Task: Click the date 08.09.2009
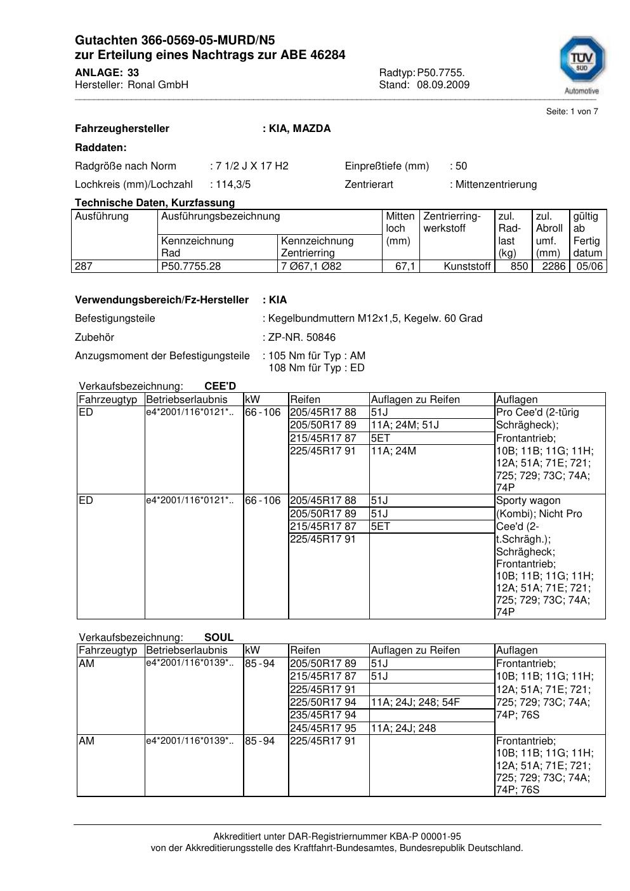coord(443,84)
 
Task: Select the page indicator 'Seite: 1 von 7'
coord(572,112)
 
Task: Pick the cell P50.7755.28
coord(191,266)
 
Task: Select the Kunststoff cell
coord(468,266)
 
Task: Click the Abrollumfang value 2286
coord(553,266)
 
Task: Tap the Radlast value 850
coord(519,266)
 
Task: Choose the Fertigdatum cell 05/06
coord(589,266)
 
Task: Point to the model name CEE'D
coord(220,386)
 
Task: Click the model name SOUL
coord(219,637)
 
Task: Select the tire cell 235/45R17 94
coord(323,715)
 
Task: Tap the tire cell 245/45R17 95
coord(323,728)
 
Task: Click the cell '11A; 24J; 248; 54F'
coord(416,702)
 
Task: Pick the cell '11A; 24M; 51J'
coord(405,425)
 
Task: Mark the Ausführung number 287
coord(84,266)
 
